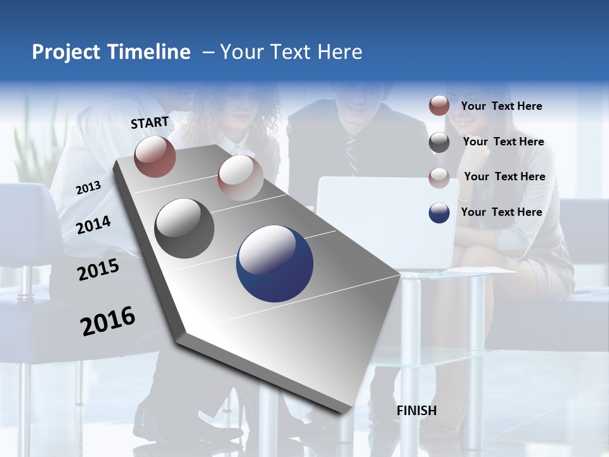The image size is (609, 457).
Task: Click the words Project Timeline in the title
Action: [111, 52]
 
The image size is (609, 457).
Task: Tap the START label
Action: [150, 123]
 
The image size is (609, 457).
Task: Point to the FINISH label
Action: [416, 411]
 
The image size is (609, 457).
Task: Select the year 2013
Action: [88, 188]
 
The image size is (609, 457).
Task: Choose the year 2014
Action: [93, 225]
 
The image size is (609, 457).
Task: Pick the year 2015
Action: [98, 270]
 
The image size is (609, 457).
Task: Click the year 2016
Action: [108, 321]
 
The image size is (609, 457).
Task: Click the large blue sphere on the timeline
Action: [275, 263]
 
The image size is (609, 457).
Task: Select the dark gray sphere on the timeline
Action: [185, 228]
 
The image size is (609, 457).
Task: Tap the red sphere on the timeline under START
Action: [155, 156]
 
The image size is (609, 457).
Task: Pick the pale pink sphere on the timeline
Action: [240, 178]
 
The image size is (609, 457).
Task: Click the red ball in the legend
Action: [439, 106]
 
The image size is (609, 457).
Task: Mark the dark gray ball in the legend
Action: [439, 142]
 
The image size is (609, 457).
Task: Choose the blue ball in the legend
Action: [439, 213]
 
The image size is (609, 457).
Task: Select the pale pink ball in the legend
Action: [439, 177]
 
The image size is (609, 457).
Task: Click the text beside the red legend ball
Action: [501, 106]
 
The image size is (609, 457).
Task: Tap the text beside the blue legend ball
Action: [501, 212]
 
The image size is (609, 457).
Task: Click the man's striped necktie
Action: [351, 152]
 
